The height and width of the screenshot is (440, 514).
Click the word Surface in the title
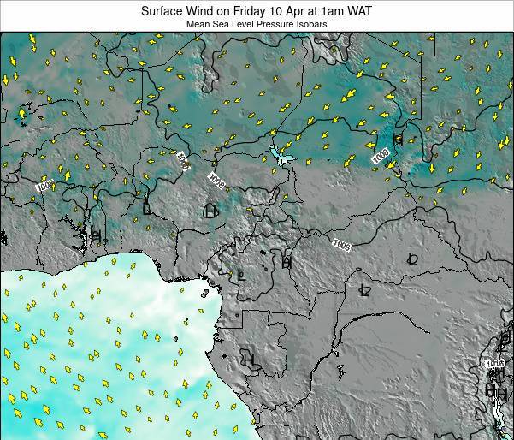167,10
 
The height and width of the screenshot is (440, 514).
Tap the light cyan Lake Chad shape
279,155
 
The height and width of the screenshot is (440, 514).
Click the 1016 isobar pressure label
497,364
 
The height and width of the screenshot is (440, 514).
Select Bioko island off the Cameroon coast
205,293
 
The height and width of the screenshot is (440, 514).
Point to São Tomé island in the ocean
175,339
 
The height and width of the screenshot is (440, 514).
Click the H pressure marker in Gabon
249,359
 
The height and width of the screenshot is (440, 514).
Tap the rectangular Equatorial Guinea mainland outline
232,320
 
